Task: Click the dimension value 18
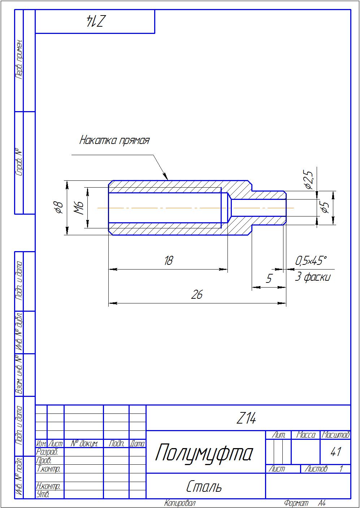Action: point(169,260)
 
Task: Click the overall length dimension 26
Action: point(197,295)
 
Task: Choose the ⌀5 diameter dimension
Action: point(325,208)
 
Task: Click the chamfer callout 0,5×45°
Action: point(311,260)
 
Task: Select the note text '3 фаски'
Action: point(312,277)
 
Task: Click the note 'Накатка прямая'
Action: point(114,140)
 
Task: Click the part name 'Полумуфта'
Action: point(204,453)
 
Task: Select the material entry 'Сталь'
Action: point(204,487)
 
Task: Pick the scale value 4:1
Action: point(335,452)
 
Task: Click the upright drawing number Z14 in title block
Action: point(246,419)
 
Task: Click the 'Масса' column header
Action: point(305,435)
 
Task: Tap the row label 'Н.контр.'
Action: point(49,486)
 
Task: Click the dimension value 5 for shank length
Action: point(269,279)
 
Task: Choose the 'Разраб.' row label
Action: point(47,452)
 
